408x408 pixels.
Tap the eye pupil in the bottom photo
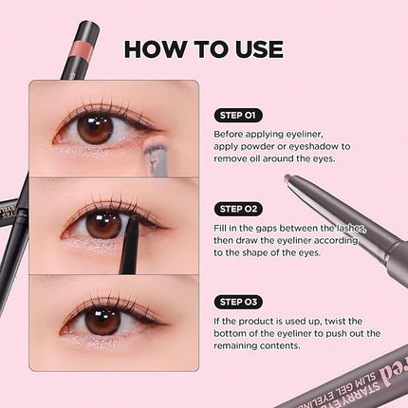(x=102, y=319)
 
